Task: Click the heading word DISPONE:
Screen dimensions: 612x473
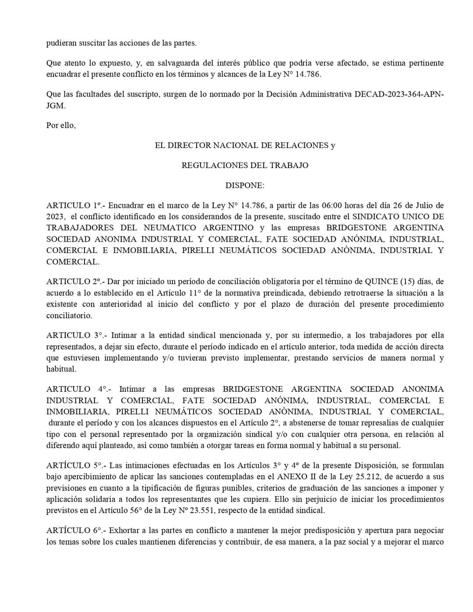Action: [x=245, y=185]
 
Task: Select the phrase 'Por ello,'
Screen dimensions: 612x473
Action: [x=61, y=125]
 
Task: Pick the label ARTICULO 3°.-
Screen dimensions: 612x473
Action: [x=76, y=335]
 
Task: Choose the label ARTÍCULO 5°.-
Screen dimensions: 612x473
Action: [x=76, y=465]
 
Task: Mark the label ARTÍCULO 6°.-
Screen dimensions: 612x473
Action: [x=76, y=530]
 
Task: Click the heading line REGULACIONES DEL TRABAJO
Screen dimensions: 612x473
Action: [x=245, y=165]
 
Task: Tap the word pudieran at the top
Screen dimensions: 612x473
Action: [x=61, y=43]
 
